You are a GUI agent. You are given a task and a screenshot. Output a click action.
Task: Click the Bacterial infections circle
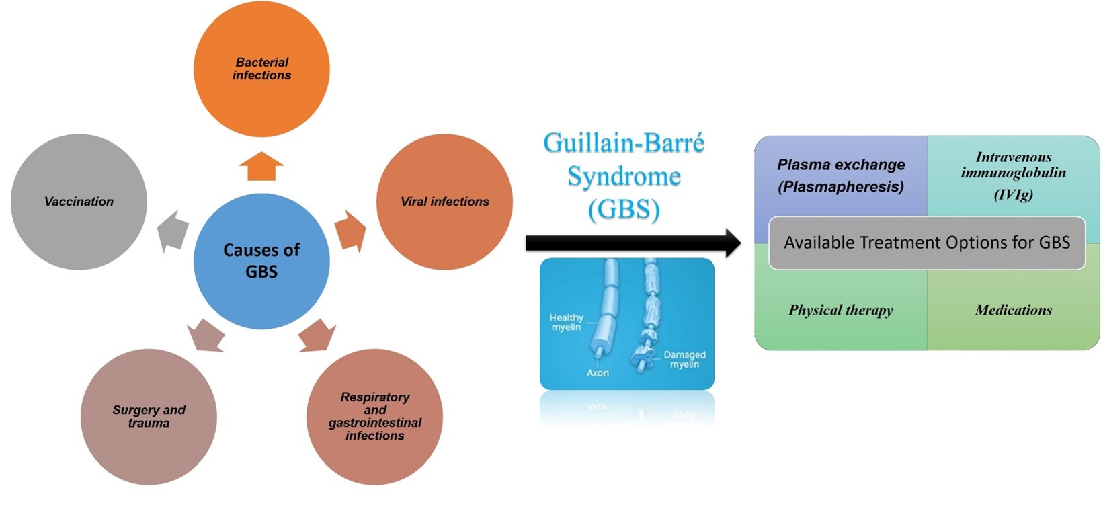(x=261, y=69)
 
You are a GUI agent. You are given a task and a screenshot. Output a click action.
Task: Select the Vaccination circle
(x=79, y=202)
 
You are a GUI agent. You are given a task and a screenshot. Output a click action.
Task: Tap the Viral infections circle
(x=444, y=202)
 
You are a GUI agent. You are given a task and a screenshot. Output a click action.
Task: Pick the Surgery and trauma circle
(x=149, y=416)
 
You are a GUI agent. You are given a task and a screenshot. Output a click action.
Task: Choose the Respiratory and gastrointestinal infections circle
(x=374, y=416)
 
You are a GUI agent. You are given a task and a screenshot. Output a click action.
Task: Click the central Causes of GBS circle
(x=261, y=261)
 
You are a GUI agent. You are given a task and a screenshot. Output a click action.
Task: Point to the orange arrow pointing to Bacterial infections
(x=261, y=167)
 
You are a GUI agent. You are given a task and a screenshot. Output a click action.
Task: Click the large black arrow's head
(x=731, y=243)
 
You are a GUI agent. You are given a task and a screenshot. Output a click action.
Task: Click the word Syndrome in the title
(x=624, y=177)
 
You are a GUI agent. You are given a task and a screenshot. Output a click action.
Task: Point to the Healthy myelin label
(x=566, y=322)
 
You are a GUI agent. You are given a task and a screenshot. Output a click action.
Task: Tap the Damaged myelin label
(x=684, y=359)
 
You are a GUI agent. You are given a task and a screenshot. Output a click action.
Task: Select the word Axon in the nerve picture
(x=598, y=372)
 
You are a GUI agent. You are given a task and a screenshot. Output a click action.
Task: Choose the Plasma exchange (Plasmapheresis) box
(x=840, y=175)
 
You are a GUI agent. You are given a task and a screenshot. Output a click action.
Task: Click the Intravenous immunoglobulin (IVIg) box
(x=1013, y=175)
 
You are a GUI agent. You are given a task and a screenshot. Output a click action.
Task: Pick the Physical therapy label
(x=840, y=310)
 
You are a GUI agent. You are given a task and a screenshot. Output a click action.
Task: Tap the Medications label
(x=1013, y=310)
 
